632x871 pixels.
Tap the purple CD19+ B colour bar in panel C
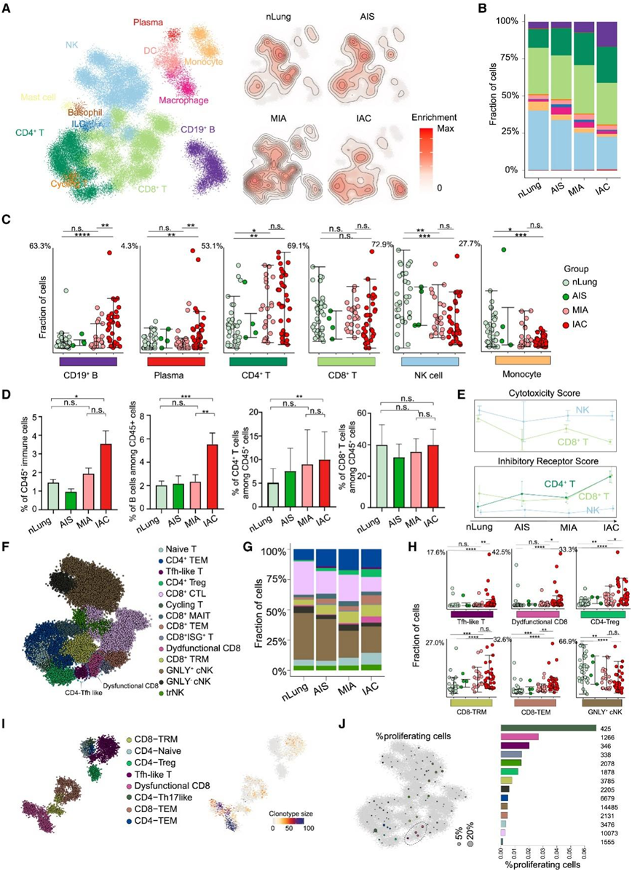(68, 361)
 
